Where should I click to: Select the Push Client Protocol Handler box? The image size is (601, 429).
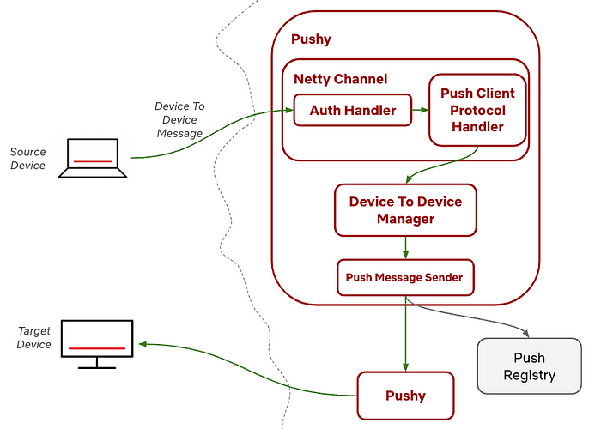coord(477,110)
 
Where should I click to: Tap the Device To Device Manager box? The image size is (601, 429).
coord(405,210)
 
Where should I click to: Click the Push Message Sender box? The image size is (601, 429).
coord(404,277)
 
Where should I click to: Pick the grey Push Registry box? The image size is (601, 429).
coord(530,366)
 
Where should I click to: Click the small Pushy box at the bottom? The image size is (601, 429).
coord(405,396)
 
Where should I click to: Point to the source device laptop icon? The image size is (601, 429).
coord(92,158)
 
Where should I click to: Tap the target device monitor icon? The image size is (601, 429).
coord(97,344)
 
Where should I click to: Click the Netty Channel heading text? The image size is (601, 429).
coord(341,79)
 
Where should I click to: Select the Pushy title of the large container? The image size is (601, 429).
coord(311,39)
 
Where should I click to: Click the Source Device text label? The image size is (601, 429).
coord(28,159)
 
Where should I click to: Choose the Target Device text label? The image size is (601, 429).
coord(34,337)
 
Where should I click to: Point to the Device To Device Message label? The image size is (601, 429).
coord(179,119)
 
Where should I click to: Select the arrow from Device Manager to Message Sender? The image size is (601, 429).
coord(405,248)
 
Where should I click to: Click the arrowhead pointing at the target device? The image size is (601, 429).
coord(143,344)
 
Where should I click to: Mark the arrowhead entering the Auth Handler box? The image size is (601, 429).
coord(288,110)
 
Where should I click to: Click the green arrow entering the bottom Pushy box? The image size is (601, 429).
coord(405,343)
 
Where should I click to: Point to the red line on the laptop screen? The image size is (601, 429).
coord(92,160)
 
